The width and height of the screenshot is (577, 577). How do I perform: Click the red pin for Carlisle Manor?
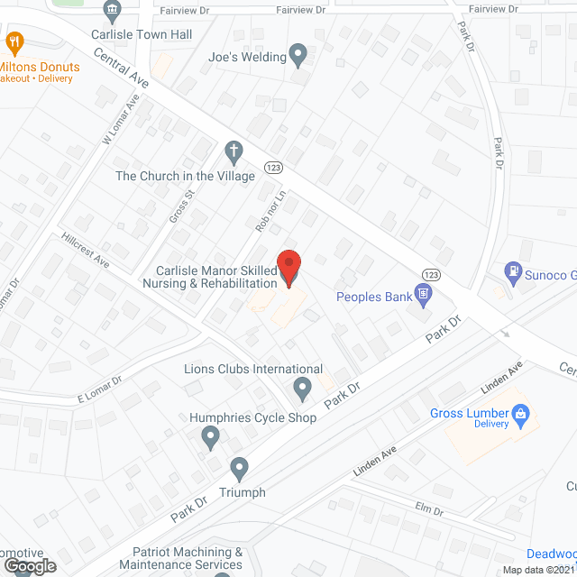click(x=288, y=268)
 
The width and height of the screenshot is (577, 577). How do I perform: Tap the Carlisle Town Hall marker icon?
click(x=113, y=12)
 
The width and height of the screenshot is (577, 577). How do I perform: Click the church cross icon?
click(x=234, y=151)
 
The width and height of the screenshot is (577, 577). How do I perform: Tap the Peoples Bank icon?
click(x=422, y=294)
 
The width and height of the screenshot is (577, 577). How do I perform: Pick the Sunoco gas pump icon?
click(x=513, y=270)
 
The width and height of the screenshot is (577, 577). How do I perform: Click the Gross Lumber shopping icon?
click(x=519, y=415)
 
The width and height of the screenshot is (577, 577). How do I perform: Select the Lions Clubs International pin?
click(x=303, y=389)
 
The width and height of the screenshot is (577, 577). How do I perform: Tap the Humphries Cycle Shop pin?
click(x=210, y=438)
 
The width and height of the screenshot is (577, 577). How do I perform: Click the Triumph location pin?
click(x=239, y=469)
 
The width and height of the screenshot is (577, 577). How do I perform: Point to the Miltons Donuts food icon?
click(x=14, y=41)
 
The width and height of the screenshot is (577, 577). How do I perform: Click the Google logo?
click(x=29, y=565)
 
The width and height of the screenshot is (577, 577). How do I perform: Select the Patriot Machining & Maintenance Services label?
click(x=188, y=558)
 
